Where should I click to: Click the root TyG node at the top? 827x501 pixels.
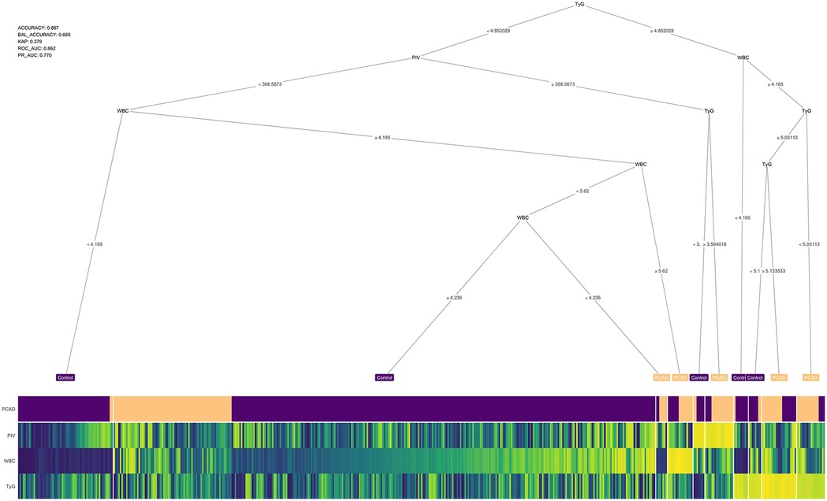click(x=579, y=6)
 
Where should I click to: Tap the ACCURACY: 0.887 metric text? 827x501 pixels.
click(x=39, y=28)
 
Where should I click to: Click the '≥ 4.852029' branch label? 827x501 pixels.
click(x=658, y=31)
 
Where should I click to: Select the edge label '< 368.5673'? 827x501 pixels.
click(x=270, y=83)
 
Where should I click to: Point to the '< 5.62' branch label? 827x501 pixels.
click(x=582, y=191)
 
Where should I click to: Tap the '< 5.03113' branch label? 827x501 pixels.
click(x=809, y=244)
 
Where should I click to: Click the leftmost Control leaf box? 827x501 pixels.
click(x=65, y=378)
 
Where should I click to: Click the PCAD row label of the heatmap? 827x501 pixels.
click(x=9, y=410)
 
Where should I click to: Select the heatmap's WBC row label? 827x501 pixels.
click(x=9, y=460)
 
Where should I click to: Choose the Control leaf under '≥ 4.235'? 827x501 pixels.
click(x=384, y=378)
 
